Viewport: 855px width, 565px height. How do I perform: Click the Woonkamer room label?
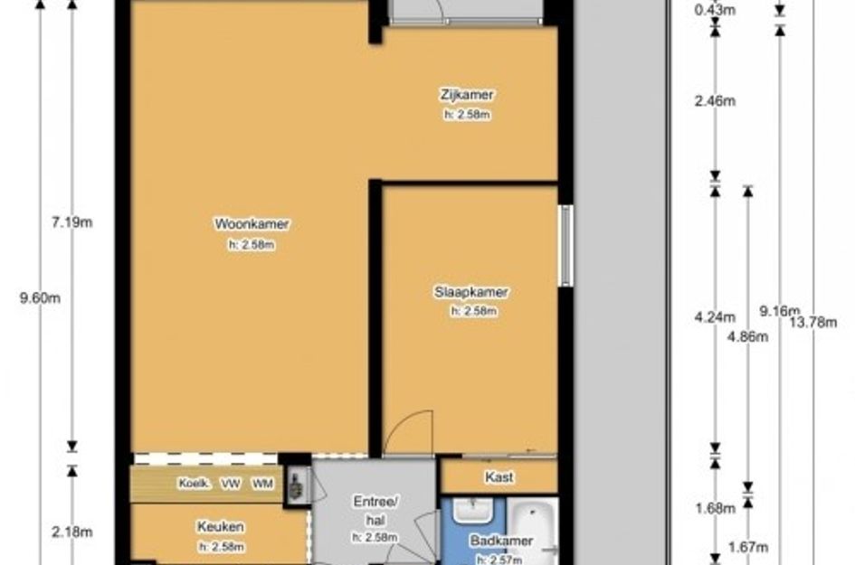252,224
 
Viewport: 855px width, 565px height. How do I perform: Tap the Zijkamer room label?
467,95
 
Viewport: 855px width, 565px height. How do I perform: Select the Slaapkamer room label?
471,292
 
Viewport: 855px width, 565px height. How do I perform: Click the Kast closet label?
499,477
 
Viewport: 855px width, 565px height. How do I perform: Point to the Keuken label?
220,527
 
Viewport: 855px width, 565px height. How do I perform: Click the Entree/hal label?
375,511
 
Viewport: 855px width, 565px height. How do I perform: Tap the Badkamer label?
501,541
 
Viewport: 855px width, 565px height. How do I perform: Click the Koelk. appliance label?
195,484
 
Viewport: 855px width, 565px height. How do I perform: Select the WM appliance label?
262,484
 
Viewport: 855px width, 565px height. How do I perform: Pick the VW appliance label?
230,484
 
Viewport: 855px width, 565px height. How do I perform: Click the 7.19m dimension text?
72,222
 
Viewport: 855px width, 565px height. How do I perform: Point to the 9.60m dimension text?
40,298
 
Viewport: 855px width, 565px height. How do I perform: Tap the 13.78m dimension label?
813,323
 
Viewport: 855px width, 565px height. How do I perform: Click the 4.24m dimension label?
715,317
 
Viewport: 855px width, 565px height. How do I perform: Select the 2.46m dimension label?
715,100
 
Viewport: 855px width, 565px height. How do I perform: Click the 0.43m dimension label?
715,9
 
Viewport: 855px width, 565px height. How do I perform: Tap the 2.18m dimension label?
72,532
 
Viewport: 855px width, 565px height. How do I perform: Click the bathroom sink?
473,511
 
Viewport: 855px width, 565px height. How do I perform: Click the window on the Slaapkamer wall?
566,246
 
